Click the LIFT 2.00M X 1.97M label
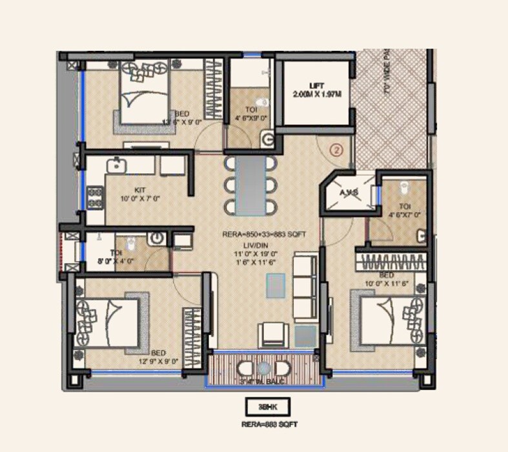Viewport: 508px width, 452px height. point(317,90)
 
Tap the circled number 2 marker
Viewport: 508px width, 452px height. point(336,150)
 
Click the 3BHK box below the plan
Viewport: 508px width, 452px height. point(267,406)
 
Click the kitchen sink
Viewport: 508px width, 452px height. point(117,165)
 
